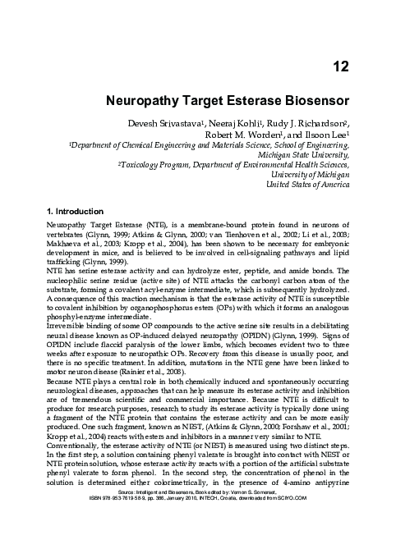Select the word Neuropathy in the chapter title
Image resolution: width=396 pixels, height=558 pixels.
[144, 104]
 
